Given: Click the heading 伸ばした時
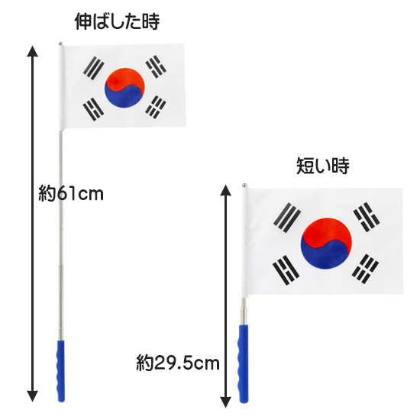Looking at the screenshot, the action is coord(117,21).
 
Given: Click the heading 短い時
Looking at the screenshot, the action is coord(323,166).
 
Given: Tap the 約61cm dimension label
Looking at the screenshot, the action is coord(71,193).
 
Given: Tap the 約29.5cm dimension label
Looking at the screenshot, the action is coord(178,363).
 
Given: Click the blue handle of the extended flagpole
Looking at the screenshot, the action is coord(61,371).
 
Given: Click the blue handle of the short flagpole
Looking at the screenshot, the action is coord(243,363).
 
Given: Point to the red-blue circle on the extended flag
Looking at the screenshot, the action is coord(124,88).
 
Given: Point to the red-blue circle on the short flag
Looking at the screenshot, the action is coord(326,243).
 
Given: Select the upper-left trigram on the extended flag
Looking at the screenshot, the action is coord(93,68).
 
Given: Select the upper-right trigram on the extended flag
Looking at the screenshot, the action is coord(156,66).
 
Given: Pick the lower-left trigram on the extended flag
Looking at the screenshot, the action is coord(93,109).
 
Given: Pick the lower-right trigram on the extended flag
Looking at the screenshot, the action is coord(156,107).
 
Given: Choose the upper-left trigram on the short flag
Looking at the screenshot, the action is coord(287,218).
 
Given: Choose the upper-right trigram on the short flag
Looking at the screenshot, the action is coord(367,217).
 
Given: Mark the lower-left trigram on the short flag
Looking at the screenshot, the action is coord(286,270).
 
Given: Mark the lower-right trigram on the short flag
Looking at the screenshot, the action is coord(365,270).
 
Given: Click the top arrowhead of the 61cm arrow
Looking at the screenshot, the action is coord(32,51).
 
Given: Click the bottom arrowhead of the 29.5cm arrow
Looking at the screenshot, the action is coord(225,402).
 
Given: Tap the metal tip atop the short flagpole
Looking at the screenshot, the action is coord(244,185).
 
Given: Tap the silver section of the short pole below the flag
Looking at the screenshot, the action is coord(243,311).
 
